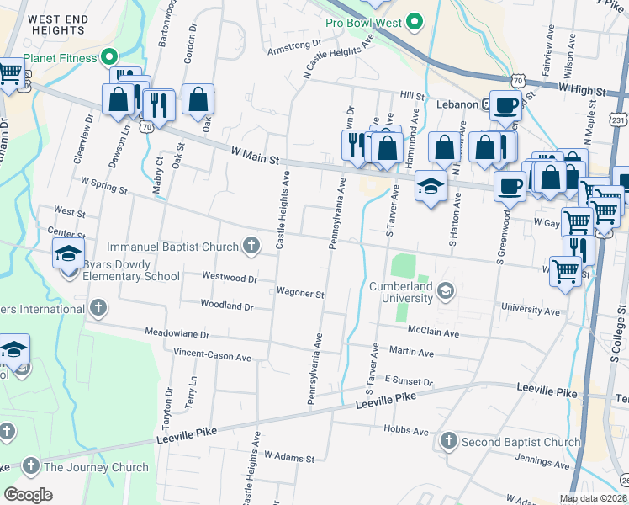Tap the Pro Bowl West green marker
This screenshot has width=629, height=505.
coord(414,20)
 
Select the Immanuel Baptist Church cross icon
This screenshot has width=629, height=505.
coord(250,245)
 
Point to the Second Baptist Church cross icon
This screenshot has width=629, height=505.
coord(448,441)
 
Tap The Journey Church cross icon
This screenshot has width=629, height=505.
coord(31,466)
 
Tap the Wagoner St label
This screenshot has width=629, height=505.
coord(300,294)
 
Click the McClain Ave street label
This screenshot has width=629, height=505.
coord(433,333)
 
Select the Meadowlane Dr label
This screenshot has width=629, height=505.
coord(177,333)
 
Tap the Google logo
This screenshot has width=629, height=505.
coord(28,495)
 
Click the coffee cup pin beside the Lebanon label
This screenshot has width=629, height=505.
coord(505,105)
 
